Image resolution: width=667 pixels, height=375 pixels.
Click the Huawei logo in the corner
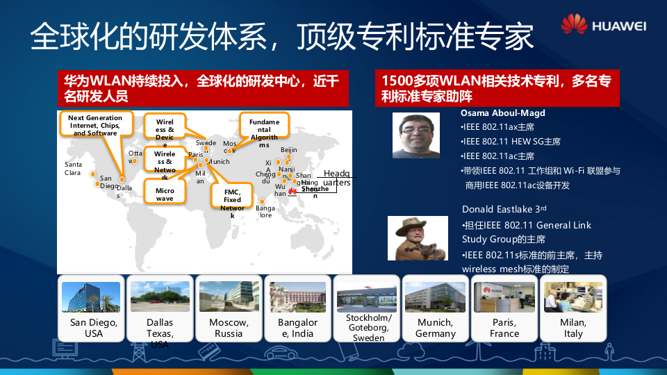click(x=603, y=25)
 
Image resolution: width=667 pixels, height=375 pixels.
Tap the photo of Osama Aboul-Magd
click(x=416, y=135)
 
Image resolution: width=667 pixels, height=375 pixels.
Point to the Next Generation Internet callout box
click(x=95, y=125)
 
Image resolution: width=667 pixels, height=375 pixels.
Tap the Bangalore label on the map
click(x=265, y=212)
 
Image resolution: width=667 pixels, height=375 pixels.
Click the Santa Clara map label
click(x=73, y=168)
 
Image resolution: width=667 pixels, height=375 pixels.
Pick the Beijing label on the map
click(x=289, y=149)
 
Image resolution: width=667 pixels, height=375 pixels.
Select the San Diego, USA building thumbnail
click(x=91, y=297)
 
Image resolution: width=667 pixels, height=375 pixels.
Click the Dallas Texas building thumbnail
click(x=160, y=297)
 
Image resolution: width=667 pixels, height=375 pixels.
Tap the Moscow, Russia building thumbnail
click(x=229, y=297)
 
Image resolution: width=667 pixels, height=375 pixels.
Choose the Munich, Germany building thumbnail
click(x=435, y=297)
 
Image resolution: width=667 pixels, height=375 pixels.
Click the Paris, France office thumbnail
click(x=504, y=297)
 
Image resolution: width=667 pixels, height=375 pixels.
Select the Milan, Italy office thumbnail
click(x=573, y=297)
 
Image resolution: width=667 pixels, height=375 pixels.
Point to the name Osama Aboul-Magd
click(x=503, y=112)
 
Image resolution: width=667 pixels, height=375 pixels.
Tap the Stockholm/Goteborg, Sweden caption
click(x=368, y=328)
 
